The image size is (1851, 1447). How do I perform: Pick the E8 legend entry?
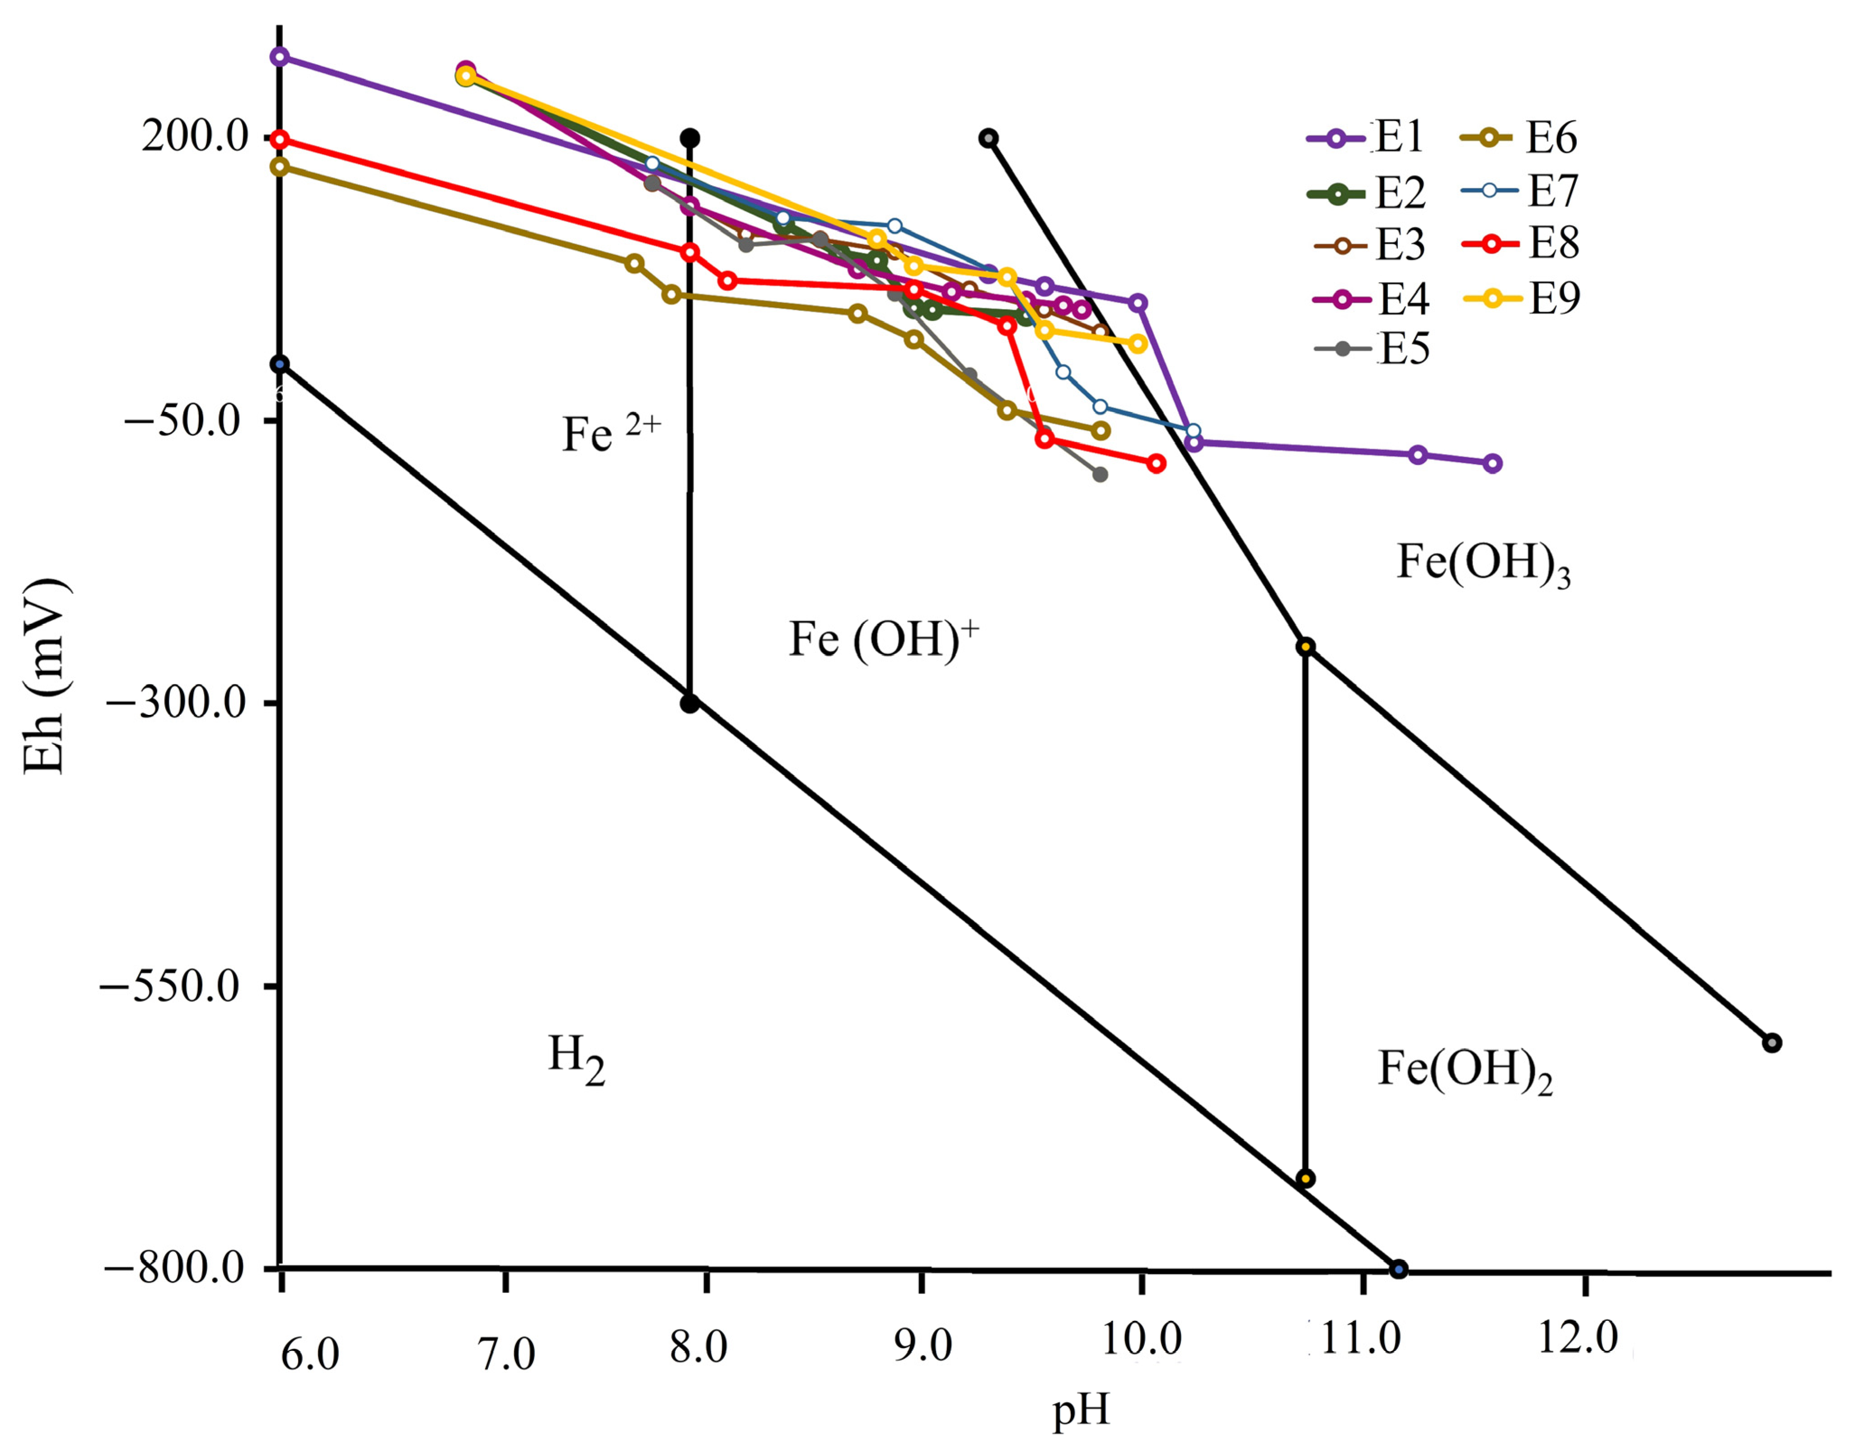(x=1521, y=244)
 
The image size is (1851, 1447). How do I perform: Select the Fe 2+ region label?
(x=610, y=433)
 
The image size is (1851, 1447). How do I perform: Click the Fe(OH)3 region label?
(x=1483, y=563)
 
